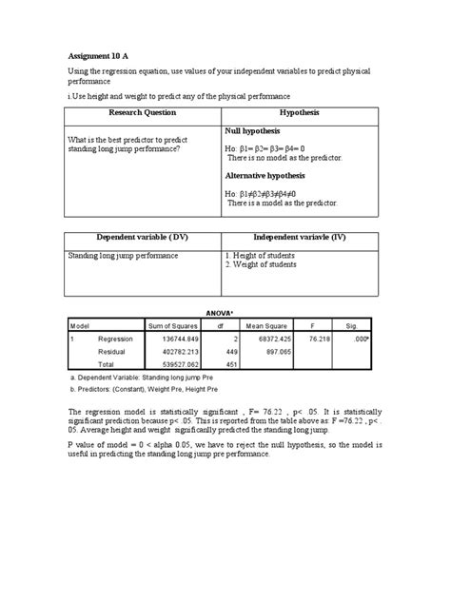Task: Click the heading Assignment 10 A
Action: pyautogui.click(x=106, y=54)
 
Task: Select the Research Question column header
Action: pyautogui.click(x=142, y=113)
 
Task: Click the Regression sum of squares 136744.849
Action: pyautogui.click(x=172, y=339)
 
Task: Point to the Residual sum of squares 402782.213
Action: pyautogui.click(x=172, y=351)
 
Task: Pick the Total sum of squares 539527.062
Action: pyautogui.click(x=172, y=363)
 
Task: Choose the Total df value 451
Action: pyautogui.click(x=222, y=363)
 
